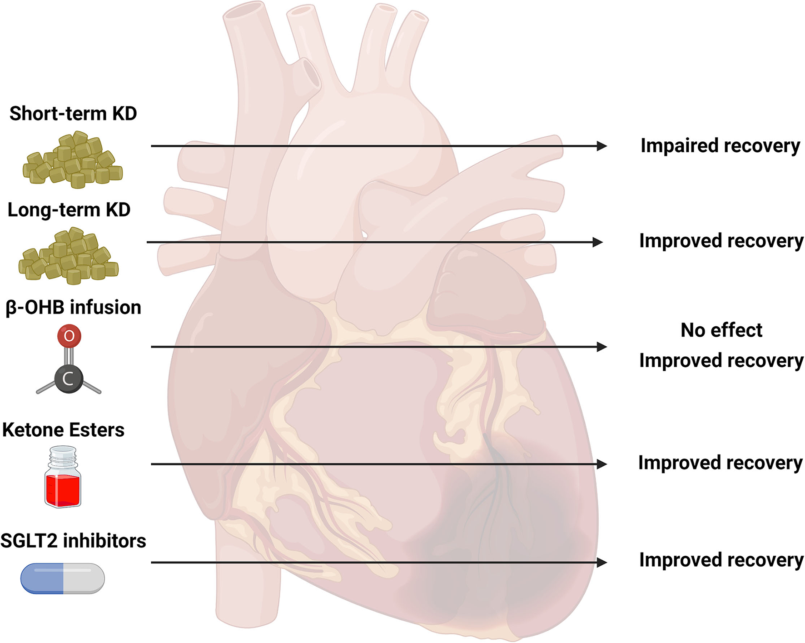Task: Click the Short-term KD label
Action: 73,114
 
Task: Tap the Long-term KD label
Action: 69,210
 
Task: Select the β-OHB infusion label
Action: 73,308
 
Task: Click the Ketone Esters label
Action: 63,430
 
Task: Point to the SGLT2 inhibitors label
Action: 73,541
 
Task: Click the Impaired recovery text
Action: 720,146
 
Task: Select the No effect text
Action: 721,330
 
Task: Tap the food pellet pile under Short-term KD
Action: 73,160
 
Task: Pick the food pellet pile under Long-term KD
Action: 69,257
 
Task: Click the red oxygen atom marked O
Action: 69,336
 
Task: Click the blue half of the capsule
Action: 42,578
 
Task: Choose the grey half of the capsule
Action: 84,578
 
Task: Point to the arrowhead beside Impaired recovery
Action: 601,146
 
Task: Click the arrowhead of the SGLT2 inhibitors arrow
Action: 601,563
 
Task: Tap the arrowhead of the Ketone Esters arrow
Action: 601,464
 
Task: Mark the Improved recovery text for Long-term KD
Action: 721,241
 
